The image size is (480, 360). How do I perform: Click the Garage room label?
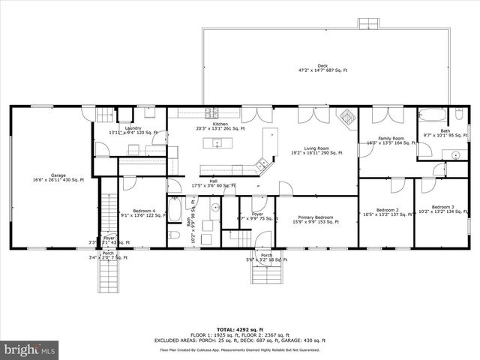point(58,175)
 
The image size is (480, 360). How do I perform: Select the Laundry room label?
point(133,128)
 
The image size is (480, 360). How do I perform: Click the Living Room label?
point(316,148)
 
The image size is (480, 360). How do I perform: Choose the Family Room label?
point(390,138)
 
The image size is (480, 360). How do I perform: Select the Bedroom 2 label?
point(386,210)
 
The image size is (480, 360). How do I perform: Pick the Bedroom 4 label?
point(143,211)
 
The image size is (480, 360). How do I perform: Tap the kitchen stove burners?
point(212,113)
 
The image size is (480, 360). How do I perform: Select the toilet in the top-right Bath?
point(456,117)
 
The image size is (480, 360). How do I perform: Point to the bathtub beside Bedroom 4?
point(173,211)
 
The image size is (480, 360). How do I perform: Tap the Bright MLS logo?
point(30,349)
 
